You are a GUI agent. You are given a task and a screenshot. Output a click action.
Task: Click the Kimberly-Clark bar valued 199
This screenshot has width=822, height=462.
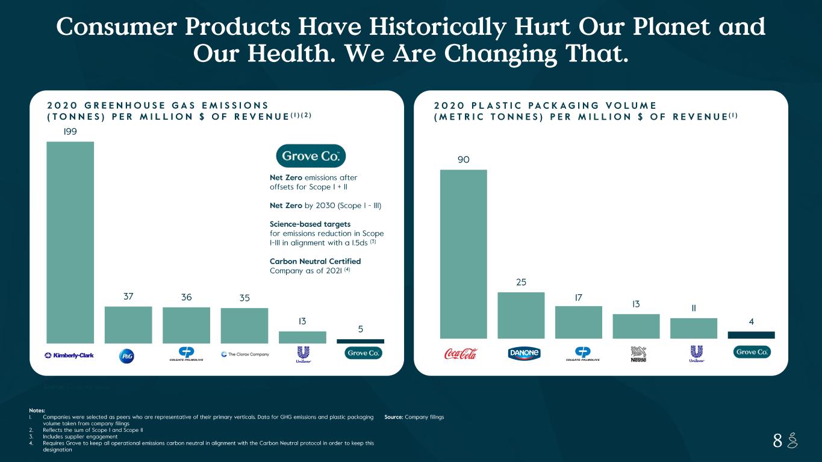[x=70, y=242]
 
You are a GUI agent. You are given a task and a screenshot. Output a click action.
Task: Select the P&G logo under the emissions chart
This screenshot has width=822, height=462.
[x=128, y=356]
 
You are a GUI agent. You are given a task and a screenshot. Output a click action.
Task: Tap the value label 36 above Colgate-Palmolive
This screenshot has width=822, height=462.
[x=186, y=297]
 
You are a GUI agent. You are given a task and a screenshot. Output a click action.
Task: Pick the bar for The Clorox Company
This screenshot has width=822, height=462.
[x=244, y=325]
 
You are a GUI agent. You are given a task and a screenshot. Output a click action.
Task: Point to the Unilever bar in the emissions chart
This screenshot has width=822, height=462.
[x=302, y=337]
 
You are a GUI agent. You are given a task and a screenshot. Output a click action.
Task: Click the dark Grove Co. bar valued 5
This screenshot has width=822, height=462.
[x=360, y=341]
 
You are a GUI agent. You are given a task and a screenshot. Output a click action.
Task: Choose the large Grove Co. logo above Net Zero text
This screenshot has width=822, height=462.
[x=311, y=156]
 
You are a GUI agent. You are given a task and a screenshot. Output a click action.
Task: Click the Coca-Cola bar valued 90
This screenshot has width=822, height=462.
[x=463, y=254]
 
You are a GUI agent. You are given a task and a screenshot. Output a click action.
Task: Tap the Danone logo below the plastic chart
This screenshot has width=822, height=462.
[x=521, y=354]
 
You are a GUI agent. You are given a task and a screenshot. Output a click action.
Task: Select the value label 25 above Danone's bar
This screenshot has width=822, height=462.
[x=521, y=282]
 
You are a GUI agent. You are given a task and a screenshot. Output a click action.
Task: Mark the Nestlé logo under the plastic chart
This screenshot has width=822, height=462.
[x=638, y=354]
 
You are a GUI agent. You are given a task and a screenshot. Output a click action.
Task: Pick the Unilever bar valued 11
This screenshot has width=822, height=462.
[x=694, y=328]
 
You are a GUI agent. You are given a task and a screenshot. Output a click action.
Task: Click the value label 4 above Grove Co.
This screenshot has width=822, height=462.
[x=751, y=322]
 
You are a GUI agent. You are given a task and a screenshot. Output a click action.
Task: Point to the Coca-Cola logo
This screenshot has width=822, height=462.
[x=461, y=354]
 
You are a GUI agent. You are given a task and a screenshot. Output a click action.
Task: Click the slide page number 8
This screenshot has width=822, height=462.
[x=777, y=442]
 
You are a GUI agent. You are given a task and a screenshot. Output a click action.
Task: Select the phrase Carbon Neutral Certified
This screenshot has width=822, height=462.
[x=315, y=261]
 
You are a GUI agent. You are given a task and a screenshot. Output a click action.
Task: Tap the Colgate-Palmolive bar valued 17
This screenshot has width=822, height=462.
[x=579, y=322]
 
